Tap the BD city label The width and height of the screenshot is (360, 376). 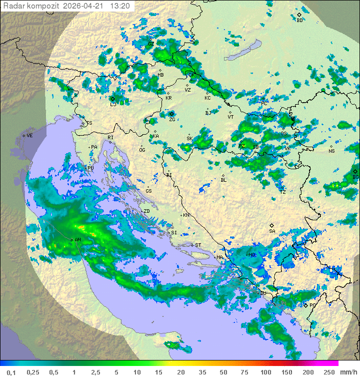[299, 20]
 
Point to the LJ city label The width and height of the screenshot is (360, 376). [113, 104]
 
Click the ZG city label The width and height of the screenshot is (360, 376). [172, 119]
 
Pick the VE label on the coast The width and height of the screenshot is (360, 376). [29, 136]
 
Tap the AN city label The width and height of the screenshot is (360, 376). [78, 240]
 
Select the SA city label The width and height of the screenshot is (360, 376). [272, 231]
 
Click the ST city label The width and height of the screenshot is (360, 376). [198, 245]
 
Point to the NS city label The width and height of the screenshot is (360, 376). [331, 151]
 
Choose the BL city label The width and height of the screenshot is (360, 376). [223, 180]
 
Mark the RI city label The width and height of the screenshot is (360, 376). [111, 137]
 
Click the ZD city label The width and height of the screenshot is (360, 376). [146, 211]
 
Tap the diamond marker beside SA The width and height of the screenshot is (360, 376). [271, 225]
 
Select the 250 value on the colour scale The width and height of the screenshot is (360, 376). [328, 372]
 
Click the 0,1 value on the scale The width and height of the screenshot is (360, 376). [11, 372]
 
